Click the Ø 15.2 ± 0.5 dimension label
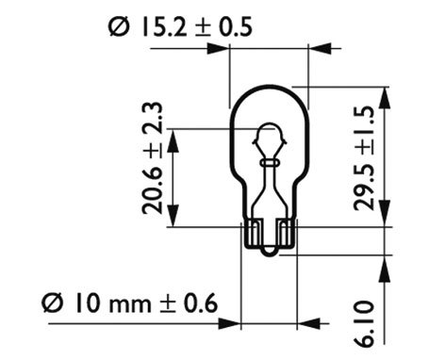pyautogui.click(x=180, y=27)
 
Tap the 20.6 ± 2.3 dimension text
pyautogui.click(x=153, y=158)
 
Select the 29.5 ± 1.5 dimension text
pyautogui.click(x=364, y=158)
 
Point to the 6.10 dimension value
pyautogui.click(x=364, y=324)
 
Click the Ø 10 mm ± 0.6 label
pyautogui.click(x=130, y=303)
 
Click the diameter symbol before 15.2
pyautogui.click(x=119, y=27)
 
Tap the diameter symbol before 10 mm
pyautogui.click(x=53, y=303)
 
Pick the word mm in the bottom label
pyautogui.click(x=129, y=305)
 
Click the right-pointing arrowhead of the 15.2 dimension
pyautogui.click(x=218, y=49)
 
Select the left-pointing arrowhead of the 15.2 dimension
pyautogui.click(x=321, y=49)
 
